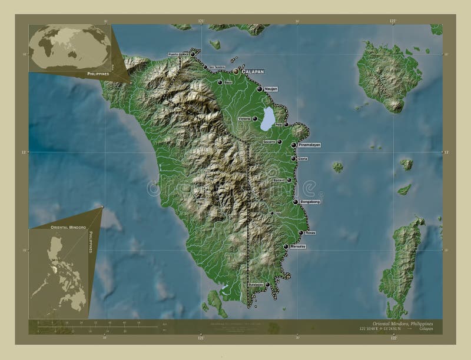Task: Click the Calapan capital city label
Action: tap(252, 71)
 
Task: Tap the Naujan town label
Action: tap(271, 89)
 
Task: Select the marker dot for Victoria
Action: tap(256, 119)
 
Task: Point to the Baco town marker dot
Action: tap(220, 82)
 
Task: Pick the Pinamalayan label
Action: tap(310, 144)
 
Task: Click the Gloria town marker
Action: tap(293, 158)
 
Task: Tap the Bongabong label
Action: tap(310, 202)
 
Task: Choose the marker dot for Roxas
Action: tap(300, 233)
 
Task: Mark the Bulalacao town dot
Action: tap(268, 285)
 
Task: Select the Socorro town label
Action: tap(269, 142)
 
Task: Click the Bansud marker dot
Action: tap(289, 180)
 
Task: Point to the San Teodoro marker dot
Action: tap(205, 67)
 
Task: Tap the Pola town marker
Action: tap(286, 125)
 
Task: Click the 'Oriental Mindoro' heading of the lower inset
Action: tap(65, 226)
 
